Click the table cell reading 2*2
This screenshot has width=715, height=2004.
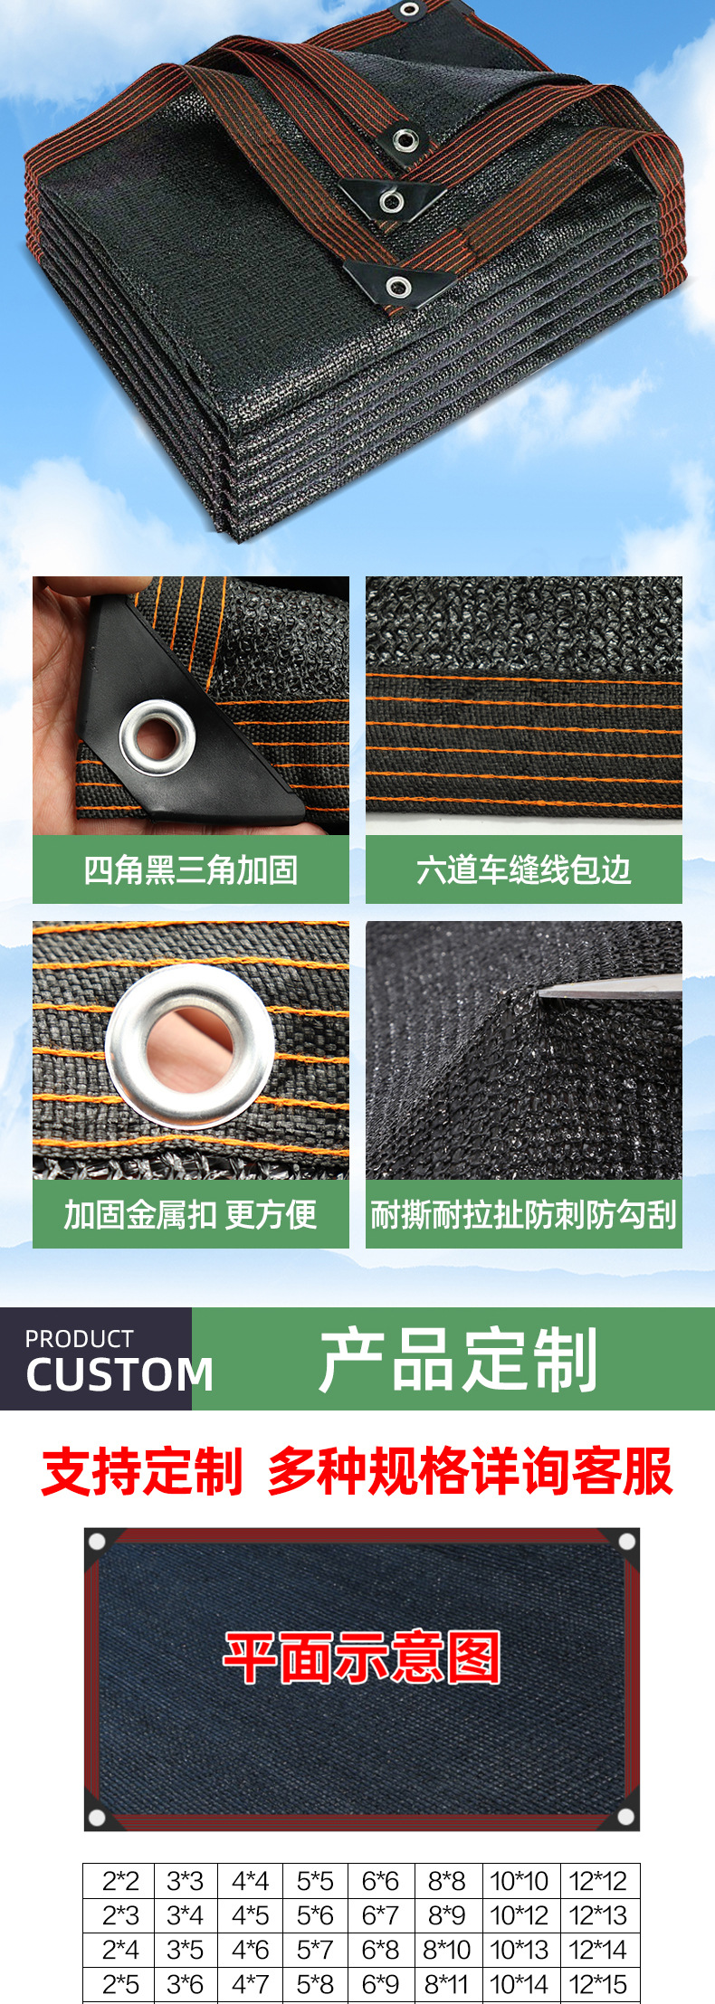pos(120,1881)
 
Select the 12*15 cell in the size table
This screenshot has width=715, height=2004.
pos(598,1984)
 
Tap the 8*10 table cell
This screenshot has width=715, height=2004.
pos(447,1950)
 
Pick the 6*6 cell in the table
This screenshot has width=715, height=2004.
pos(380,1881)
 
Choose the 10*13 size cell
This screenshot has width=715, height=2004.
pos(520,1950)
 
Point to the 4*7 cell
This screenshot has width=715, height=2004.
pos(251,1984)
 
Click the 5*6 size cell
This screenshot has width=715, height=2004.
pos(315,1915)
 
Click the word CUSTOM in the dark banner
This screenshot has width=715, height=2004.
pos(119,1375)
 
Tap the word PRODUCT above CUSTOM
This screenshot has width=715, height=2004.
pos(79,1339)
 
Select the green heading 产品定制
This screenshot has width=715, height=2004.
pos(458,1360)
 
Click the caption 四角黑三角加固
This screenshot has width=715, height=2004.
pos(190,869)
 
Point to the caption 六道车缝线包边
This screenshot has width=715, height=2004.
pos(523,869)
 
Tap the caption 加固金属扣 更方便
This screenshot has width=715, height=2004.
pos(190,1214)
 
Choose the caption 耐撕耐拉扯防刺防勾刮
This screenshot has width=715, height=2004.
pos(523,1214)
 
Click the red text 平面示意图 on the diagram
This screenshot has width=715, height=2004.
pos(362,1657)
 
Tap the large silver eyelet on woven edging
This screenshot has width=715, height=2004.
pos(190,1046)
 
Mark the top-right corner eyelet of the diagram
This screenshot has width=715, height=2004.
pos(626,1541)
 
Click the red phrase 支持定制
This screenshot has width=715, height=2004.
pos(142,1472)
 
